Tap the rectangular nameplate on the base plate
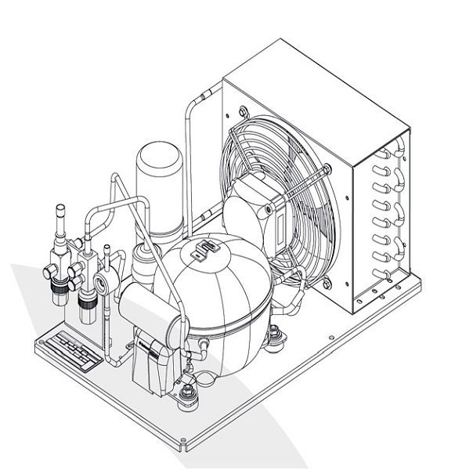coord(69,349)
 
